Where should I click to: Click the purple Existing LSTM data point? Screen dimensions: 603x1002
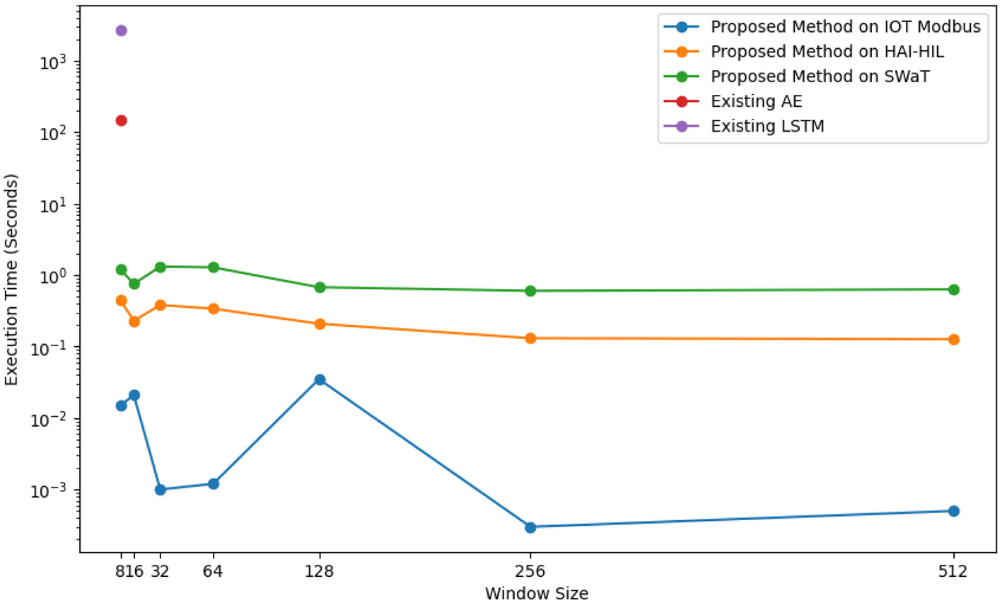click(121, 30)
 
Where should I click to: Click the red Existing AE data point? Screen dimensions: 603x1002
click(121, 120)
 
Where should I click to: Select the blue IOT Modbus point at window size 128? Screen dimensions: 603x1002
click(320, 380)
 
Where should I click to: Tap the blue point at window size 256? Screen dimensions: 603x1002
click(530, 527)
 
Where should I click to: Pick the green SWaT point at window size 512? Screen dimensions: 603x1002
click(953, 289)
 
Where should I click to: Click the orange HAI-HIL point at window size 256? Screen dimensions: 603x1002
click(530, 338)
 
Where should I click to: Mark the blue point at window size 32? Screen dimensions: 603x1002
click(161, 490)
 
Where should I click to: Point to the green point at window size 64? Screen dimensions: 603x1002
click(213, 268)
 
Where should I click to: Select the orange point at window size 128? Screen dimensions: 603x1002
click(320, 324)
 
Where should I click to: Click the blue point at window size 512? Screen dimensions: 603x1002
click(953, 511)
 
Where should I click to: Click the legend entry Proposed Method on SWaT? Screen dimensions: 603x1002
click(820, 76)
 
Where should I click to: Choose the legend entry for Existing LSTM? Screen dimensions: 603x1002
click(767, 126)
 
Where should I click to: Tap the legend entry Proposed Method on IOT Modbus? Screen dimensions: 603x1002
click(845, 27)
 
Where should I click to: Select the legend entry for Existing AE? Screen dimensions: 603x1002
click(756, 101)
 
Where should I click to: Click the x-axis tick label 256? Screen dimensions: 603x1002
click(530, 571)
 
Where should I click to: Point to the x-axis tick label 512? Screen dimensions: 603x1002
click(953, 571)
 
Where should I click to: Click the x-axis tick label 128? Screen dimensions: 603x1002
click(320, 571)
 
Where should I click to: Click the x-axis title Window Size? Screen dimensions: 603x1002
click(536, 593)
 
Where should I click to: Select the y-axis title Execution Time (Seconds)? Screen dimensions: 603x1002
click(11, 280)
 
